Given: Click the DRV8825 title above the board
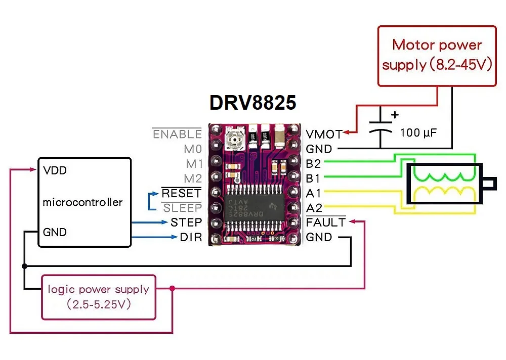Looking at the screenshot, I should [253, 102].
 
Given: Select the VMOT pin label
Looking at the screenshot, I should [324, 134].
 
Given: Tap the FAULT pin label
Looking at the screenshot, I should [326, 222].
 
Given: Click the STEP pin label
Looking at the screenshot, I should [186, 222].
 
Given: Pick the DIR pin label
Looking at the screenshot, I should [191, 237].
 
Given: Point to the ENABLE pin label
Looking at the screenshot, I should [177, 134].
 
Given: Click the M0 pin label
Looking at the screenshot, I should [193, 149].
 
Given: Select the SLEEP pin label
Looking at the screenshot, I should [182, 208].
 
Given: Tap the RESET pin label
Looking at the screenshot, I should [181, 193].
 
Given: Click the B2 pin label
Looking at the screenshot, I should [314, 164].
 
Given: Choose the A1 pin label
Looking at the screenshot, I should [314, 193].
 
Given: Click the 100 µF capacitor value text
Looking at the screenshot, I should [418, 133].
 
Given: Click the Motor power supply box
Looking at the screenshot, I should [437, 55].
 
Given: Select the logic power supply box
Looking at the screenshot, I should [98, 297].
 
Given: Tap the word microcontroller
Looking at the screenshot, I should [82, 202].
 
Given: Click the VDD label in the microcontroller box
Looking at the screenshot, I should [55, 170].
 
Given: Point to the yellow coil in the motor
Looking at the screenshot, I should [444, 193].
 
